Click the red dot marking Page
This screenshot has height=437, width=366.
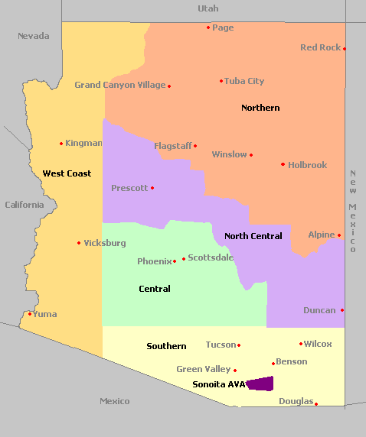(x=208, y=28)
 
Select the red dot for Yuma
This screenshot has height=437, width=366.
(x=30, y=314)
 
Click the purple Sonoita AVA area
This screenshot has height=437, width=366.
(x=260, y=384)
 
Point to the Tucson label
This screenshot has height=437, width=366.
(x=221, y=345)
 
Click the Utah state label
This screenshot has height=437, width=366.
(x=208, y=8)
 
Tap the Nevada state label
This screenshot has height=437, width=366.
(x=33, y=36)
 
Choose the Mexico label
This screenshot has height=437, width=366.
(x=114, y=401)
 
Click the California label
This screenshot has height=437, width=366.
(x=24, y=205)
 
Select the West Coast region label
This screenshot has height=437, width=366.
(x=67, y=173)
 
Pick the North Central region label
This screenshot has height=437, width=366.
(x=253, y=236)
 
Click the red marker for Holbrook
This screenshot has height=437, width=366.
(x=283, y=164)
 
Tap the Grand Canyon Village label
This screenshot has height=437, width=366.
(x=119, y=85)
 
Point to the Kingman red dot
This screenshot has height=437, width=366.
(x=61, y=143)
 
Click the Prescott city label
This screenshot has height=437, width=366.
(x=129, y=188)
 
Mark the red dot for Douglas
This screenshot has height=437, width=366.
(x=316, y=404)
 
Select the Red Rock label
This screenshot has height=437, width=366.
(x=320, y=47)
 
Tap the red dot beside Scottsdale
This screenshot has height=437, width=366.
(x=184, y=259)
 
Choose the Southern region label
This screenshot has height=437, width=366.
(x=166, y=346)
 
